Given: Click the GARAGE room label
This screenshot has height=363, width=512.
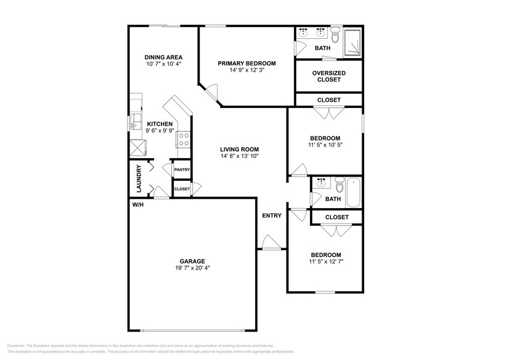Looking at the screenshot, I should (192, 261).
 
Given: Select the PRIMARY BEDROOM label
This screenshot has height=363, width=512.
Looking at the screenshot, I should (246, 64).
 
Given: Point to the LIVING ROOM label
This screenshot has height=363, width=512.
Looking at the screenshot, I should (240, 149).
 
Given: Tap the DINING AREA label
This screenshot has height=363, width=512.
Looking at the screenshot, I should (163, 57).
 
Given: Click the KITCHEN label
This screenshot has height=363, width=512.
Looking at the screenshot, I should (160, 124).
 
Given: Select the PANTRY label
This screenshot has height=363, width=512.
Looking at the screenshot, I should (182, 170).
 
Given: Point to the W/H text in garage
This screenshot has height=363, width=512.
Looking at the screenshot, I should (137, 205).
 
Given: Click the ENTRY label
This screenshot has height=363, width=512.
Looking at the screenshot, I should (272, 215).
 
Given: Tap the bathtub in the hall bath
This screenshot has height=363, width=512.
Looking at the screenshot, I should (354, 192).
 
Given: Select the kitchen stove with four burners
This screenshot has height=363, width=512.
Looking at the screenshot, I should (184, 140).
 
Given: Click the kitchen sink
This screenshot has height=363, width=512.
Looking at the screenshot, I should (136, 122).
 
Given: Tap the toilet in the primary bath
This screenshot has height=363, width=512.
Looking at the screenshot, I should (335, 31).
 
